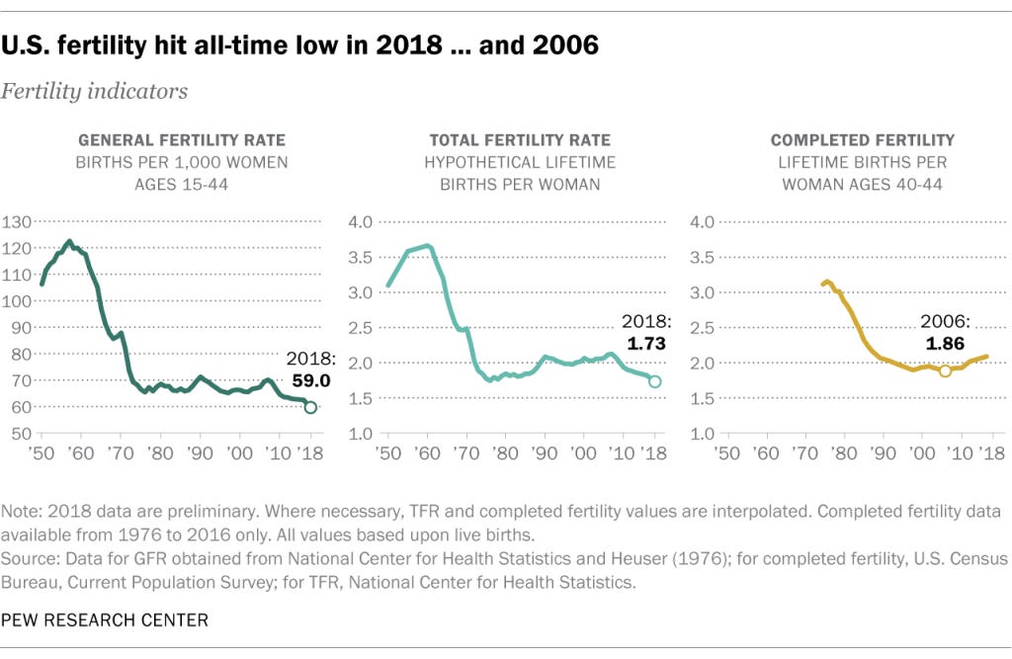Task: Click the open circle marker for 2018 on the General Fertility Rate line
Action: pos(310,407)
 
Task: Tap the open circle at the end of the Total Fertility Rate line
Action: pos(654,381)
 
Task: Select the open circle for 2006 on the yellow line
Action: pos(945,371)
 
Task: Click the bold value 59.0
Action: pos(311,380)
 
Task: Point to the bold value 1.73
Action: pos(646,344)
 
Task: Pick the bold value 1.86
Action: pos(945,344)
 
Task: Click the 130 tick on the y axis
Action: pos(17,222)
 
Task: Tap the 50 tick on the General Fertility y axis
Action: pos(22,434)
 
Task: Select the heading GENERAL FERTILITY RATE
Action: pos(182,140)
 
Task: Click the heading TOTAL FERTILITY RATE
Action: pos(520,140)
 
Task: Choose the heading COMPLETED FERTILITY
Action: pos(862,140)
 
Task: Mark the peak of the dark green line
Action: pos(69,242)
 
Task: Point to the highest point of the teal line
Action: pos(427,246)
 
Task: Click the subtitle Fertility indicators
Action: pos(94,91)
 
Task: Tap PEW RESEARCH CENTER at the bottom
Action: pos(105,620)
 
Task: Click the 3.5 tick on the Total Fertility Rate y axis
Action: pos(361,258)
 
